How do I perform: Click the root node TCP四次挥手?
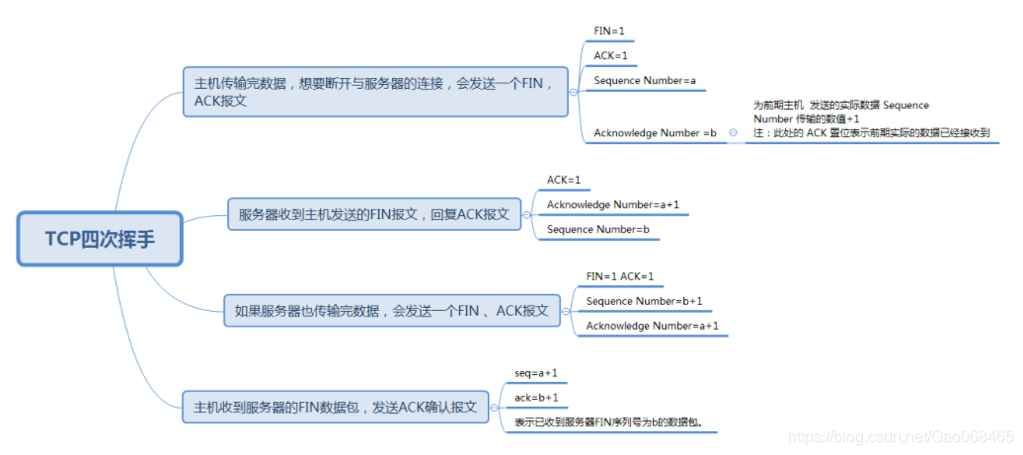100,238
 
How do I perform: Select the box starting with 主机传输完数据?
375,91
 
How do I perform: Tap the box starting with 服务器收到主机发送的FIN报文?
374,213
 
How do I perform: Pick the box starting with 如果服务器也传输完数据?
391,310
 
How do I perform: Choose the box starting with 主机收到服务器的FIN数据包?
336,406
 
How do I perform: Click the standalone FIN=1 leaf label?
609,32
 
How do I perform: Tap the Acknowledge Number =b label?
655,133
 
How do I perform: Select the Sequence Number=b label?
597,229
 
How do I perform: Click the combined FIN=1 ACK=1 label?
620,276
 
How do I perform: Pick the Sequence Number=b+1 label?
644,301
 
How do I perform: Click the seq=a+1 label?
536,373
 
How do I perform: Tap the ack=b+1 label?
536,398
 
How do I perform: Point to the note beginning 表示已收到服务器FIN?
614,422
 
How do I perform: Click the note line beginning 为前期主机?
840,105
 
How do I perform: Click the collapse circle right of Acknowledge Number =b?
733,132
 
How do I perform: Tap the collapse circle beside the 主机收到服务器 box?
497,406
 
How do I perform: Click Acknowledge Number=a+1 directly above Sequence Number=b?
612,204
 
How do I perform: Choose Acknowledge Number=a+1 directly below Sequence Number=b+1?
652,326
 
